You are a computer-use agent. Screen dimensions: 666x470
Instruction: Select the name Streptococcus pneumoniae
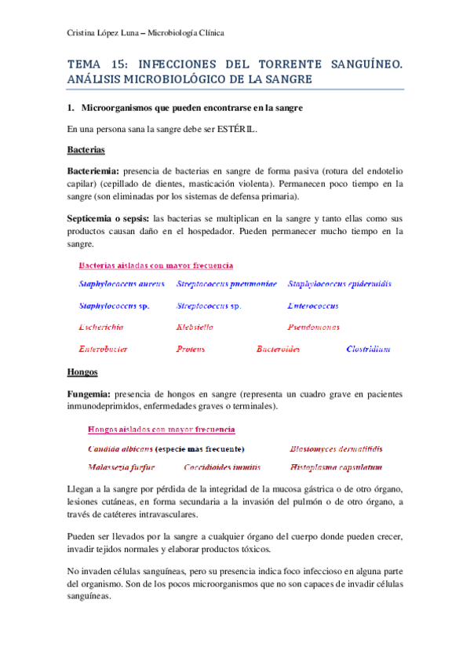pyautogui.click(x=226, y=284)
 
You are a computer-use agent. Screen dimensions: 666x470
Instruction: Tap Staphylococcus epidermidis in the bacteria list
pyautogui.click(x=339, y=284)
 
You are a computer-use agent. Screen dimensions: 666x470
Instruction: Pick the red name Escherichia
pyautogui.click(x=104, y=327)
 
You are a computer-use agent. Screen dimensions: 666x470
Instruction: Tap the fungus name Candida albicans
pyautogui.click(x=120, y=449)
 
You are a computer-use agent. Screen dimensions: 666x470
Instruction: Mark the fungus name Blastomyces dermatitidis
pyautogui.click(x=335, y=449)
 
